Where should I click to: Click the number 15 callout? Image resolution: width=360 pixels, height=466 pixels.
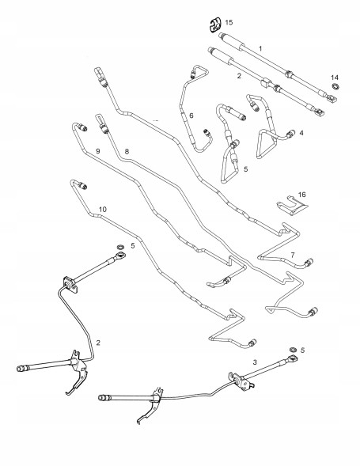click(x=229, y=22)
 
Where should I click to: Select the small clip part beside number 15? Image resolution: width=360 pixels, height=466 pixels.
click(x=215, y=25)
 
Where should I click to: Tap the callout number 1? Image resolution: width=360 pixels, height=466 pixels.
click(x=260, y=48)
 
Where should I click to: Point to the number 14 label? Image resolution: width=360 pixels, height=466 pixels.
click(x=335, y=78)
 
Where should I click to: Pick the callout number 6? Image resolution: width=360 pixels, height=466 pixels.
click(x=191, y=116)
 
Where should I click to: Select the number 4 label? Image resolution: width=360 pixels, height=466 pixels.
click(x=301, y=133)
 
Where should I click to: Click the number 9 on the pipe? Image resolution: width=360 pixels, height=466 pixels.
click(x=98, y=151)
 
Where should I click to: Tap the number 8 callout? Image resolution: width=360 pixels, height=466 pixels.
click(x=127, y=152)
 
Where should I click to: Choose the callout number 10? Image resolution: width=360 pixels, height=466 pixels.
click(x=103, y=210)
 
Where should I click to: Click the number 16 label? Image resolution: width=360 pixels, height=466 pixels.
click(x=301, y=195)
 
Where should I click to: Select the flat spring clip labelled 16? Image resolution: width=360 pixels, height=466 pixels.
click(x=292, y=206)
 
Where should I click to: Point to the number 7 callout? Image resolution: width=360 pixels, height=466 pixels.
click(x=293, y=255)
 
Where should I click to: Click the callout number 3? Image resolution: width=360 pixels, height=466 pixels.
click(x=255, y=362)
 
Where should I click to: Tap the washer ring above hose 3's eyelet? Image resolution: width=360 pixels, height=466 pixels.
click(x=293, y=349)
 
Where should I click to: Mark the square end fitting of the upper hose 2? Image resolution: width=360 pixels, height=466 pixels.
click(x=320, y=112)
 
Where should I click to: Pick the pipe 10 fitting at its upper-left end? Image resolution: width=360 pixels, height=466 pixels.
click(x=82, y=185)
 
